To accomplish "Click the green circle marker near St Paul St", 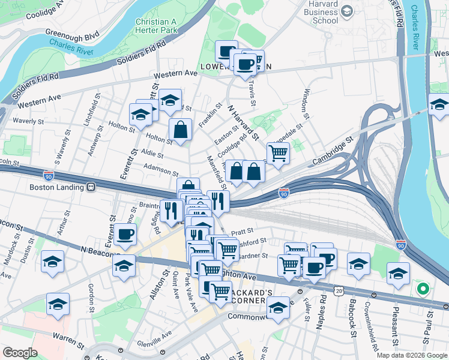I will tap(423, 289).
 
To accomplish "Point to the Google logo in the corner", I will tap(20, 352).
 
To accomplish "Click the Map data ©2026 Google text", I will tap(412, 355).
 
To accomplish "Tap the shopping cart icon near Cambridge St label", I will tap(278, 152).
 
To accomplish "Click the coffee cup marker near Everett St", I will tap(125, 234).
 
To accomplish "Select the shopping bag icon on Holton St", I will tap(180, 128).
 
